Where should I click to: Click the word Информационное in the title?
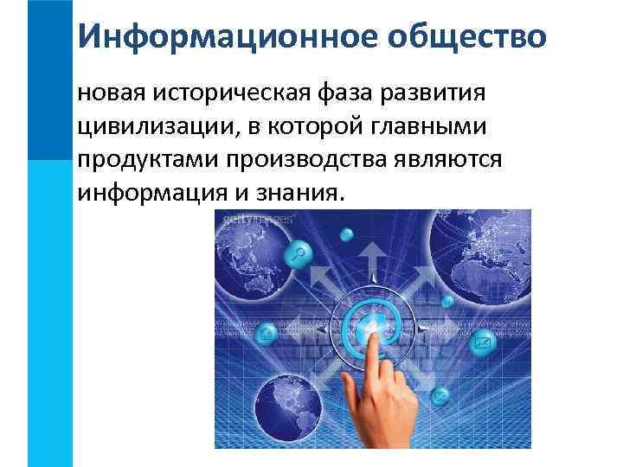pyautogui.click(x=209, y=36)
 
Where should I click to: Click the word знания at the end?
pyautogui.click(x=297, y=195)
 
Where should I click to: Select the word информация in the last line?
pyautogui.click(x=153, y=195)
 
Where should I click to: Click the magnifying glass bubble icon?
pyautogui.click(x=301, y=253)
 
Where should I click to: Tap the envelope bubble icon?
pyautogui.click(x=482, y=345)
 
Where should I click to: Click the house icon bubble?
pyautogui.click(x=266, y=331)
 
